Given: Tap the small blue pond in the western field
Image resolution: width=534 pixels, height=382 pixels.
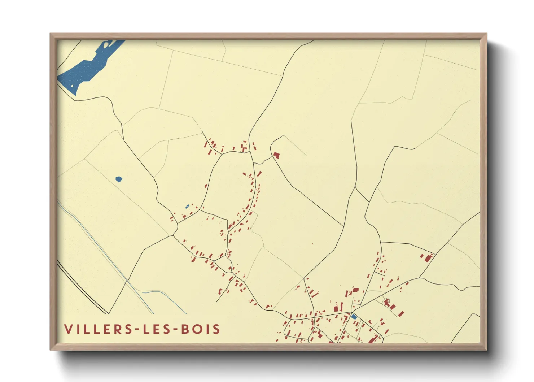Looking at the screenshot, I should coord(119,179).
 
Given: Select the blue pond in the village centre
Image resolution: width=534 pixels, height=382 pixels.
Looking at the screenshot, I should coord(354,317).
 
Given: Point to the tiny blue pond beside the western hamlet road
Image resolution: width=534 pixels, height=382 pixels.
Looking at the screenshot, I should coord(187,207).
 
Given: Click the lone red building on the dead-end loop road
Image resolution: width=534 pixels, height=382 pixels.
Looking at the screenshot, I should coord(276,155).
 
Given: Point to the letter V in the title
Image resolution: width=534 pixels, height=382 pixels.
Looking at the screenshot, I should coord(68,329).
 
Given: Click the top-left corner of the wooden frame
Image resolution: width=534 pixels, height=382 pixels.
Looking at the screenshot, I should coord(51,34).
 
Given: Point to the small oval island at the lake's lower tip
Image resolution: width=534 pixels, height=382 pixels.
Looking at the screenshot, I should coord(72,86).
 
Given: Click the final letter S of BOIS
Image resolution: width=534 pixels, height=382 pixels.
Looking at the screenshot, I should coord(216,329).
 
